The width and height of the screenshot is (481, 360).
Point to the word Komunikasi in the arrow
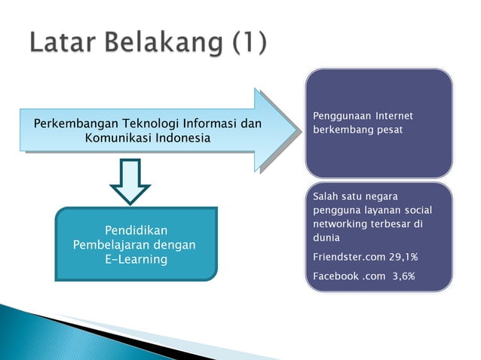[118, 139]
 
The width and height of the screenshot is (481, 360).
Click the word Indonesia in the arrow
[182, 139]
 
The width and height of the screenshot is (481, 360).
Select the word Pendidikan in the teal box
[136, 230]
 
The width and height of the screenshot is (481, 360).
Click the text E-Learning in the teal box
[136, 260]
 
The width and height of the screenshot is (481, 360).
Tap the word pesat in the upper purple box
[386, 130]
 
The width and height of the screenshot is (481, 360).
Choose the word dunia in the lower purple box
[326, 239]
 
